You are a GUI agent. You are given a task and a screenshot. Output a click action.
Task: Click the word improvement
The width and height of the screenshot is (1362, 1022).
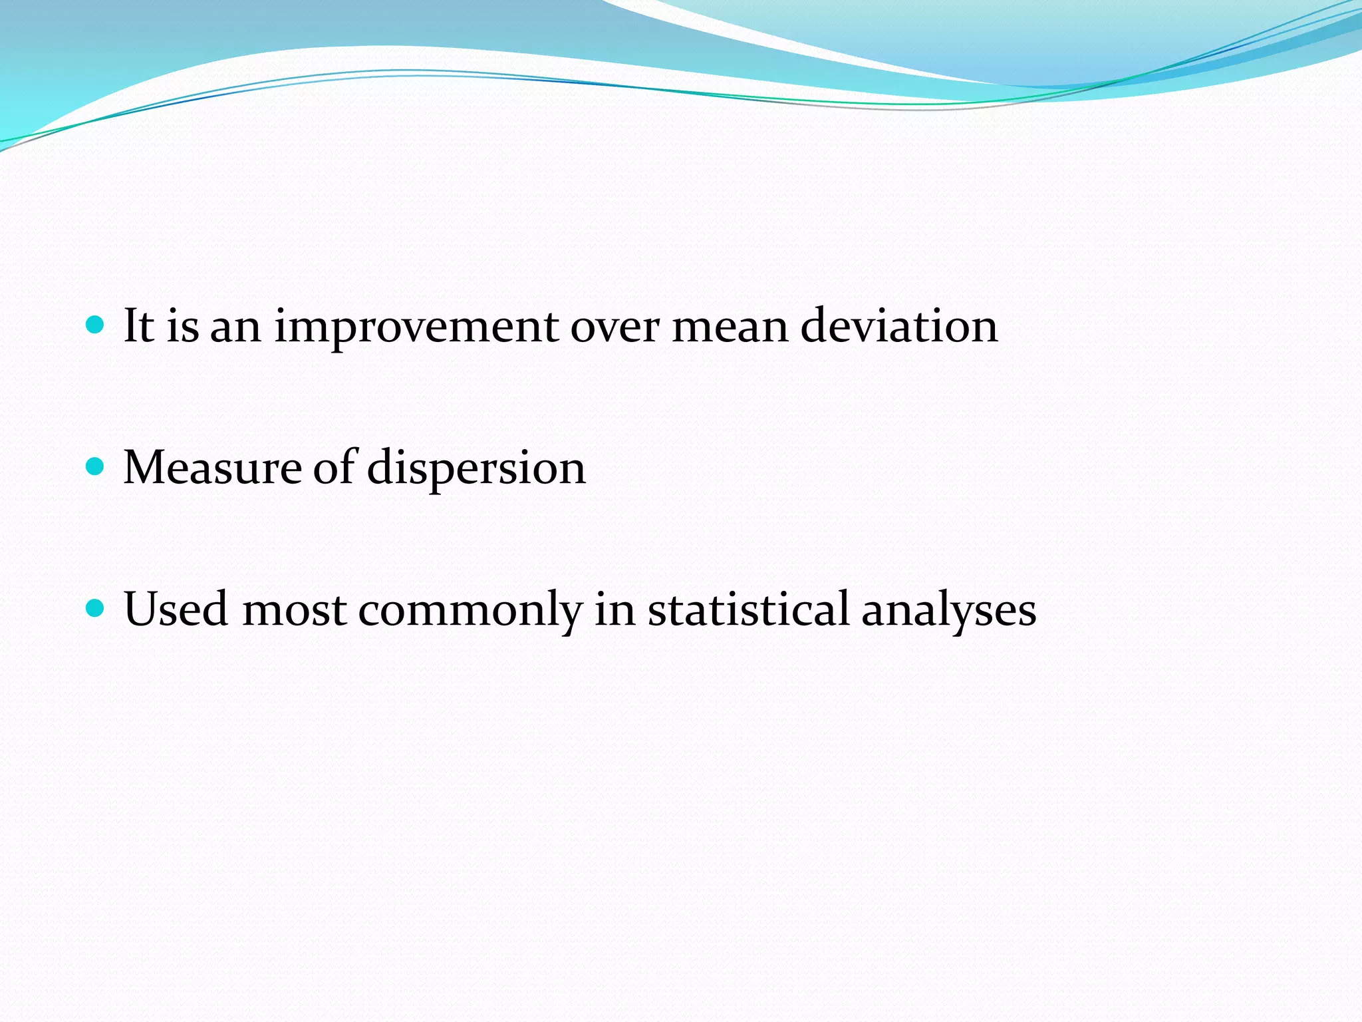coord(416,327)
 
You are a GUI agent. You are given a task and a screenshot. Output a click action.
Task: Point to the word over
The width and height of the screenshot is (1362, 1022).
coord(614,327)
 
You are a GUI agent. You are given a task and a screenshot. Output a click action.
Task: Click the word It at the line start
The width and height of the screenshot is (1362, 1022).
coord(139,325)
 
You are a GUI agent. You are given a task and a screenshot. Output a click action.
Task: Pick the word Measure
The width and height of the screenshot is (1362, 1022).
coord(212,467)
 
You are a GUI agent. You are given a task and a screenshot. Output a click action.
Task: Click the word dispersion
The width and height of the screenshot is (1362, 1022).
coord(476,468)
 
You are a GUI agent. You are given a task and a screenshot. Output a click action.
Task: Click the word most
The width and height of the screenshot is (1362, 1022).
coord(294,609)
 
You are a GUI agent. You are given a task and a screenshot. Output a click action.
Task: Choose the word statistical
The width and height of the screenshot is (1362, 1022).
coord(749,608)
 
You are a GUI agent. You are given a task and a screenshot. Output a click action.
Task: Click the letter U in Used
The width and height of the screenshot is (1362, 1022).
coord(141,608)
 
